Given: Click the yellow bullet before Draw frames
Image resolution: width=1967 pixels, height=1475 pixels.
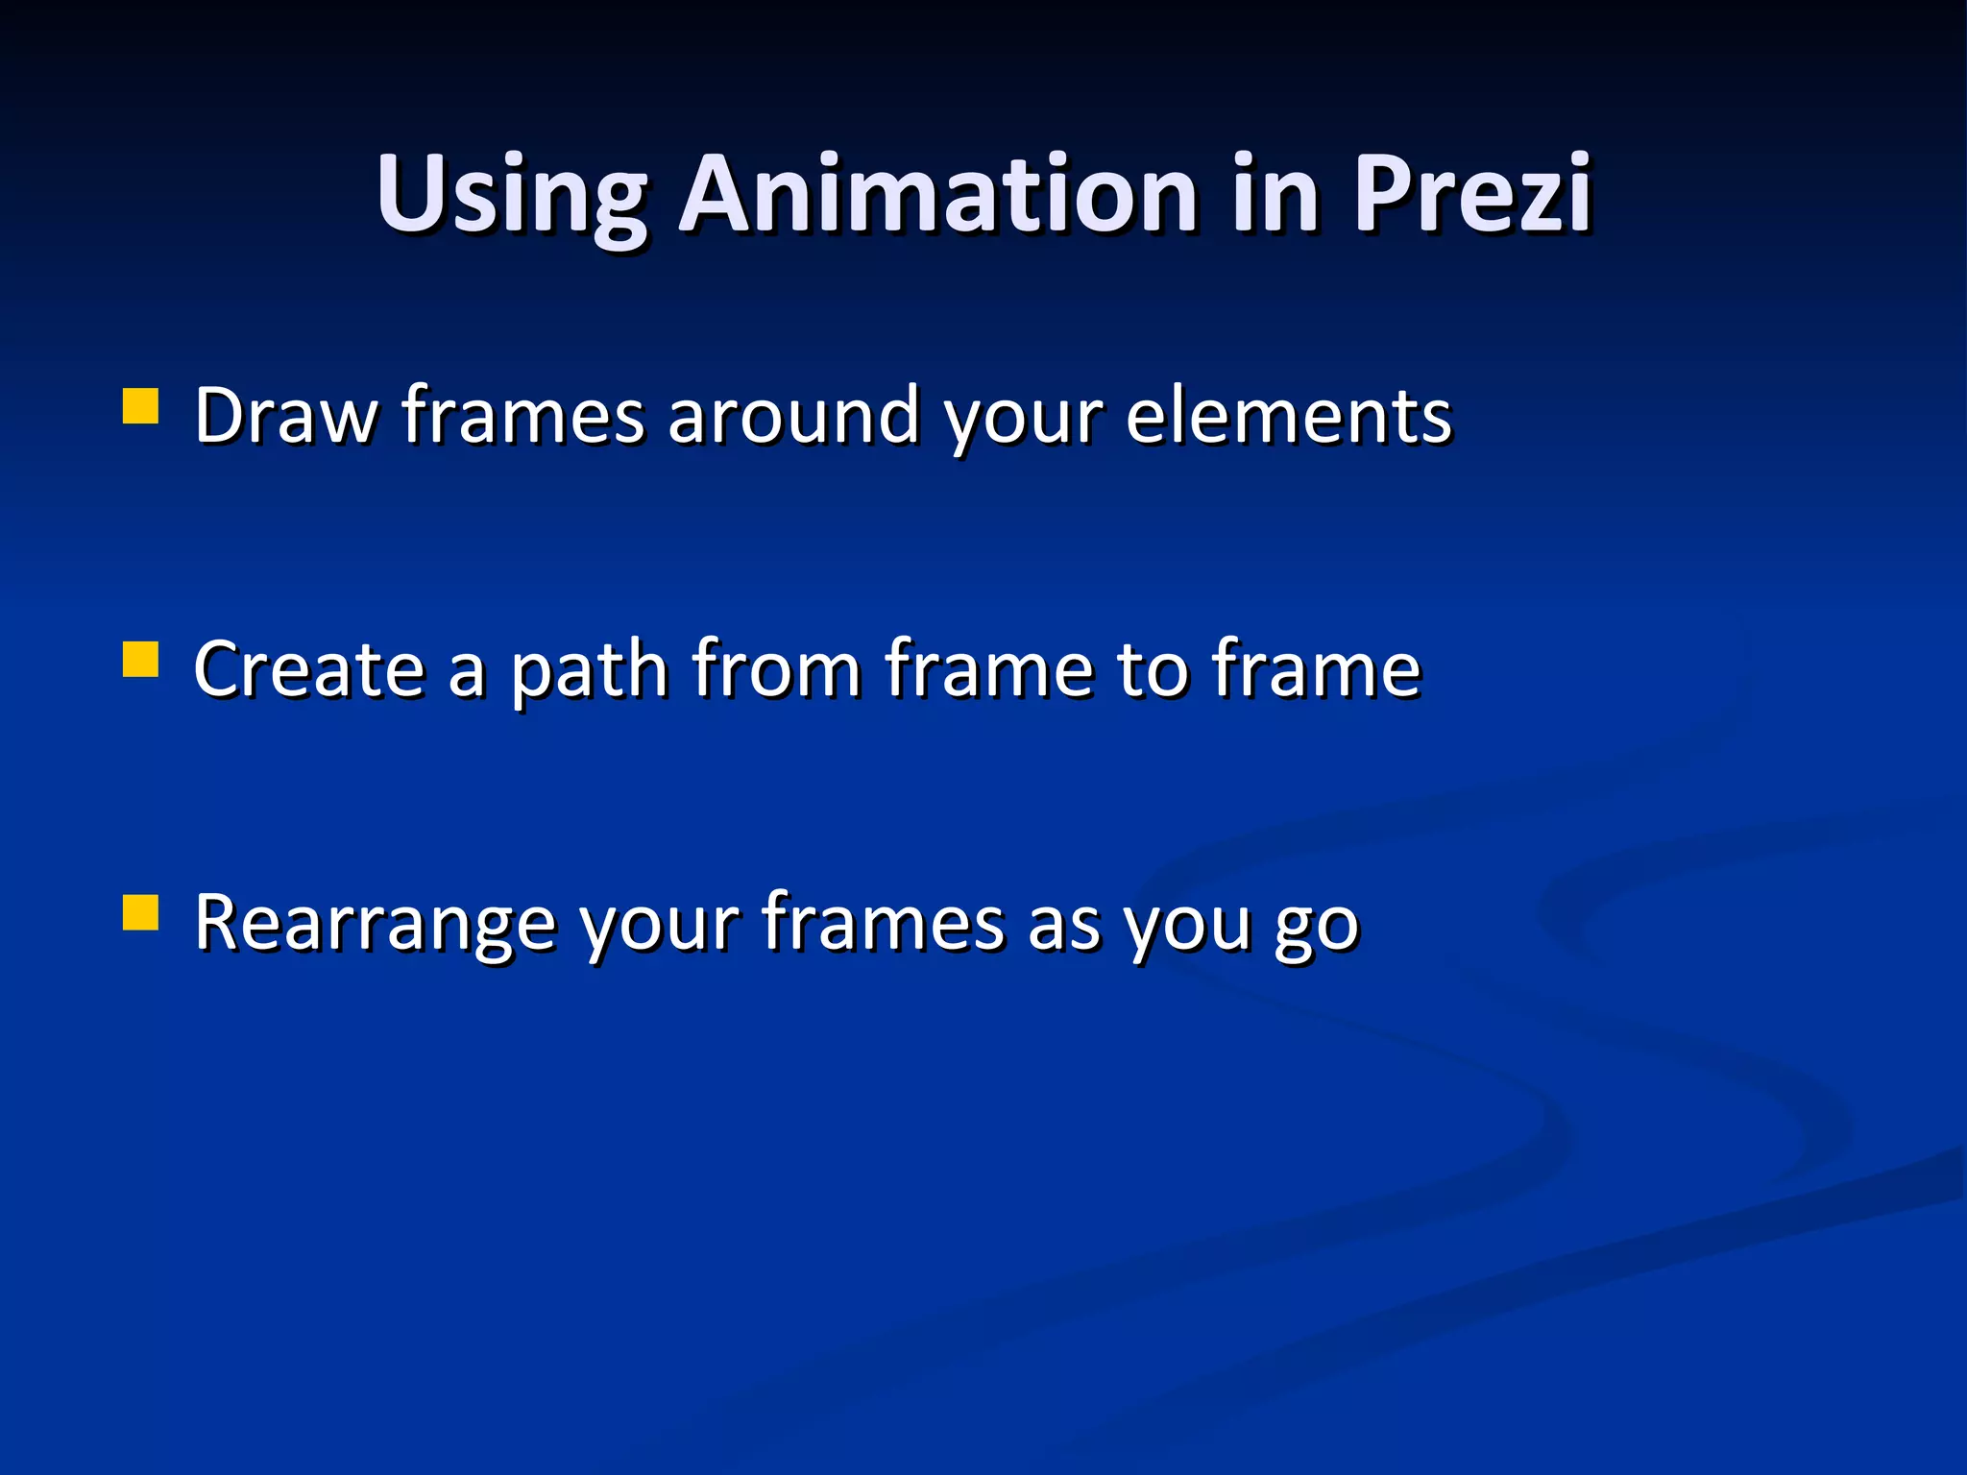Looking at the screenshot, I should pos(140,406).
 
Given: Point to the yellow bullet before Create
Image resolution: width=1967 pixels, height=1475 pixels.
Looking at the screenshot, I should pos(140,661).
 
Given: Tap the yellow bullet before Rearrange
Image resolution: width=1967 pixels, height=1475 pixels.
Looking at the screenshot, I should pos(140,913).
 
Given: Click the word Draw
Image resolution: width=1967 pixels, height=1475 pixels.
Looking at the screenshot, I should pos(285,416).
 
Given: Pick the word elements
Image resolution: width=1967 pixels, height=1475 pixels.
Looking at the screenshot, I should pos(1288,416).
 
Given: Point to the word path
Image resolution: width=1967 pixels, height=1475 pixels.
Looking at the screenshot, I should pos(589,669).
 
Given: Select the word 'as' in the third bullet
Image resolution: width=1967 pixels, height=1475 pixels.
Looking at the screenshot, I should pos(1063,924).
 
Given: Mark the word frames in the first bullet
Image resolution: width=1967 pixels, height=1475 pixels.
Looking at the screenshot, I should pos(522,416).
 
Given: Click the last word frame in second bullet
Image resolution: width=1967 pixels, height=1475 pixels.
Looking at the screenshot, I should pos(1315,669).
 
